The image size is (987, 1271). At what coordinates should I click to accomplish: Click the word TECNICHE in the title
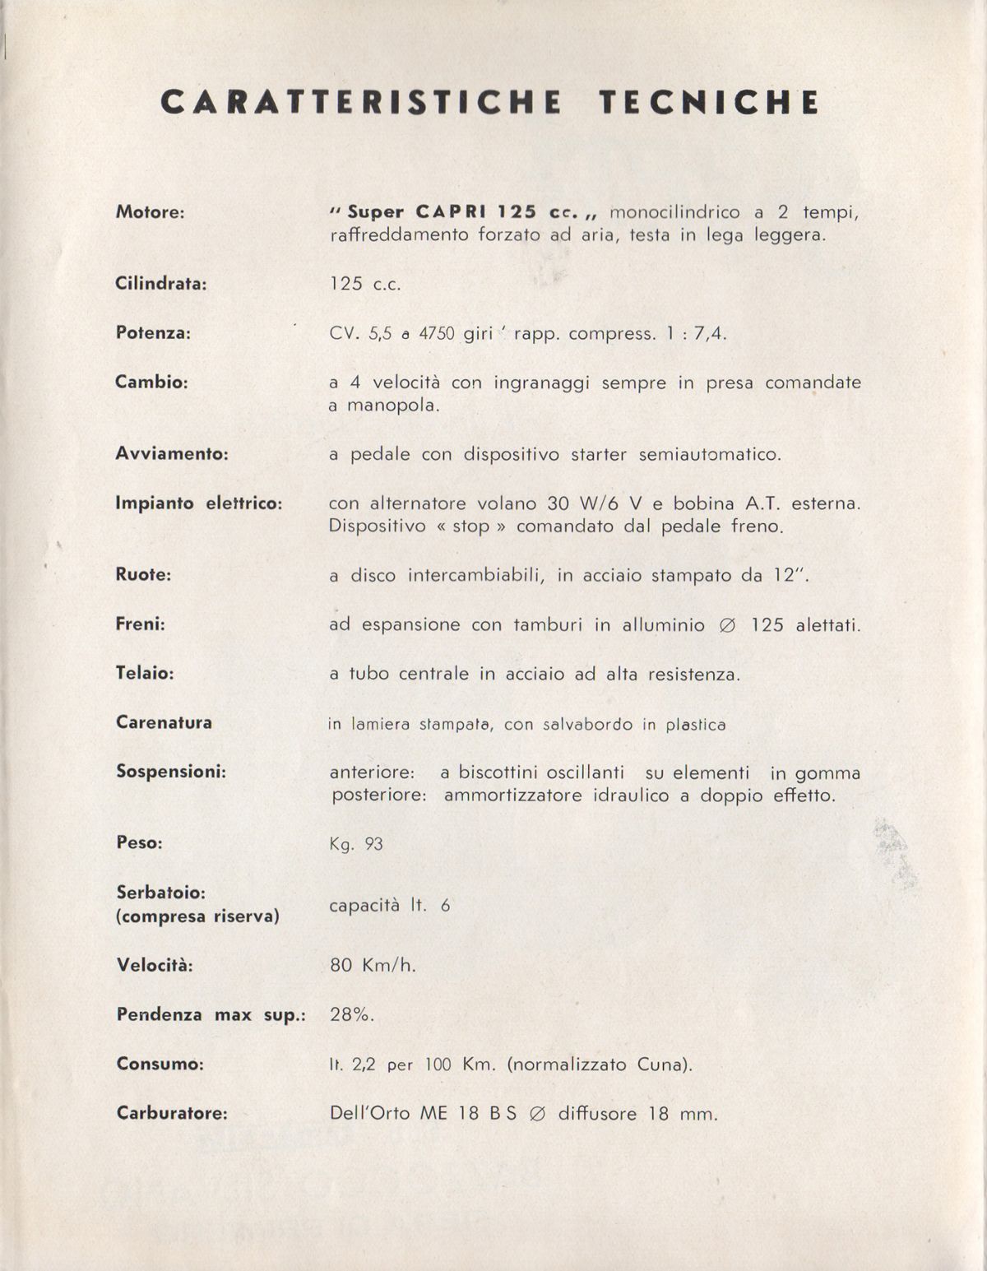[709, 102]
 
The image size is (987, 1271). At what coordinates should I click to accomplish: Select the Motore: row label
[150, 212]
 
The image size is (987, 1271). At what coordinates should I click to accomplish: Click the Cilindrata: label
[160, 284]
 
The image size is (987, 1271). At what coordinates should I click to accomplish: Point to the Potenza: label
[153, 333]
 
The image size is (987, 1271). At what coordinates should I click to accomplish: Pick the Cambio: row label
[151, 383]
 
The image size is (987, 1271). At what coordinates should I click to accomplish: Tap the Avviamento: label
[172, 453]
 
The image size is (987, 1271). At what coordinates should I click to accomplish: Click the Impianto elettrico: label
[198, 503]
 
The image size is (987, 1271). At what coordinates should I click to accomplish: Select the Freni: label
[141, 624]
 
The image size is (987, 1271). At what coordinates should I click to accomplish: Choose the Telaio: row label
[145, 674]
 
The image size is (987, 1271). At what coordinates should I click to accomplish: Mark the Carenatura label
[164, 723]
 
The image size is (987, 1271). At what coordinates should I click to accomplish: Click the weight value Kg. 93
[356, 845]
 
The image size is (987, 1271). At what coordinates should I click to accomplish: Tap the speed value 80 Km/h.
[373, 965]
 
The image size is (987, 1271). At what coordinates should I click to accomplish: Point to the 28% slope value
[352, 1014]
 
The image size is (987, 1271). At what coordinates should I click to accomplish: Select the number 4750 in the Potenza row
[437, 334]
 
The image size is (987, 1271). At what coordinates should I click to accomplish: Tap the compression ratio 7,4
[711, 334]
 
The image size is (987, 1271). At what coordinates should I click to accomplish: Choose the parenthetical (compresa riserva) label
[197, 916]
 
